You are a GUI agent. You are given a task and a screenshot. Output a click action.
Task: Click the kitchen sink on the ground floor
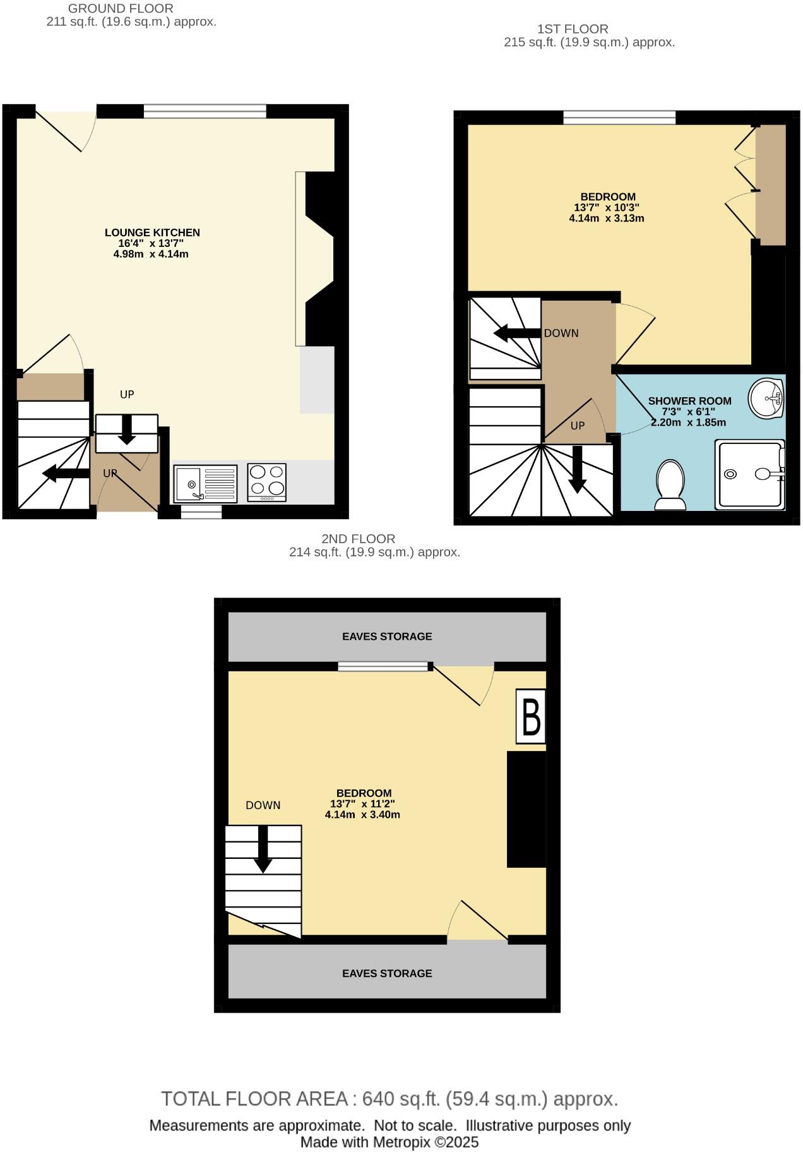[205, 484]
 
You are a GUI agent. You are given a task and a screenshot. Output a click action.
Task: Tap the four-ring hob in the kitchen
[267, 483]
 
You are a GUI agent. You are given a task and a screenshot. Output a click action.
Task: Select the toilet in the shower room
[670, 484]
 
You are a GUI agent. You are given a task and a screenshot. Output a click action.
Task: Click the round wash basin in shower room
[766, 398]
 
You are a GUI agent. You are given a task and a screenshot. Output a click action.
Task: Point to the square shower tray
[749, 474]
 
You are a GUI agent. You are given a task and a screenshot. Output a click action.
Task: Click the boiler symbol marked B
[531, 716]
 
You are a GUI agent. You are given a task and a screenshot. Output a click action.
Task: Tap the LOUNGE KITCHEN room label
[152, 232]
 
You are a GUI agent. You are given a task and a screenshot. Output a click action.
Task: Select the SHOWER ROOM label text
[689, 401]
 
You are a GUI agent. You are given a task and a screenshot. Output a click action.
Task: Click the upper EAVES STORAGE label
[387, 637]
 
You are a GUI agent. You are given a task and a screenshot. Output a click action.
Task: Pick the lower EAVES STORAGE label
[387, 973]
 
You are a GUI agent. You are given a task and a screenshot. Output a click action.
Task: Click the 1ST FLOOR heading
[573, 29]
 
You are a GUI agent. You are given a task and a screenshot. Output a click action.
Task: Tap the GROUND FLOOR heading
[121, 9]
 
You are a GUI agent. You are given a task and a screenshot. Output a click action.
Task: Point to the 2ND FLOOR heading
[359, 539]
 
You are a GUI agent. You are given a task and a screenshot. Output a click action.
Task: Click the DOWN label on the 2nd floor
[263, 805]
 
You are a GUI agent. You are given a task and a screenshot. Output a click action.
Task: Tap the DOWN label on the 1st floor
[561, 333]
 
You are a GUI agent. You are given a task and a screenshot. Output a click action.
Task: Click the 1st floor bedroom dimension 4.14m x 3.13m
[606, 219]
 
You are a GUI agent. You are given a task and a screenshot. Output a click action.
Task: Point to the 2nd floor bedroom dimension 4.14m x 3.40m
[362, 815]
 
